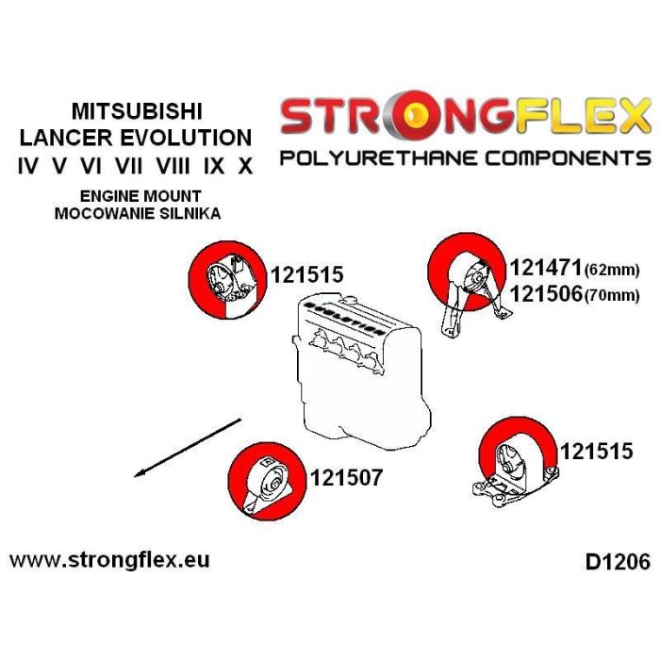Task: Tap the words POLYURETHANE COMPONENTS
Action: click(465, 157)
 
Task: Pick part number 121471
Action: click(545, 269)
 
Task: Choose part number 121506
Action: click(545, 294)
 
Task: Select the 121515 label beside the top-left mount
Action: click(306, 275)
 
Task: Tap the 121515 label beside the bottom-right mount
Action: click(596, 452)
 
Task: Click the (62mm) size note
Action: click(612, 271)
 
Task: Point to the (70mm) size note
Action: click(612, 296)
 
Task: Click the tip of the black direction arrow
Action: click(137, 475)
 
